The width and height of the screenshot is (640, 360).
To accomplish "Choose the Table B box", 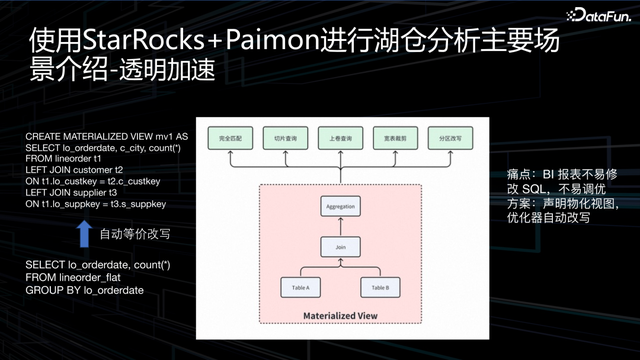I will coord(380,289).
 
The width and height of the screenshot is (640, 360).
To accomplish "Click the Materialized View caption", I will coord(341,317).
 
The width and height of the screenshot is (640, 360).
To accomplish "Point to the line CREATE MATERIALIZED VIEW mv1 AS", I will coord(107,134).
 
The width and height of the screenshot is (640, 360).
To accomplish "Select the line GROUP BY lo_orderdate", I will coord(85,289).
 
